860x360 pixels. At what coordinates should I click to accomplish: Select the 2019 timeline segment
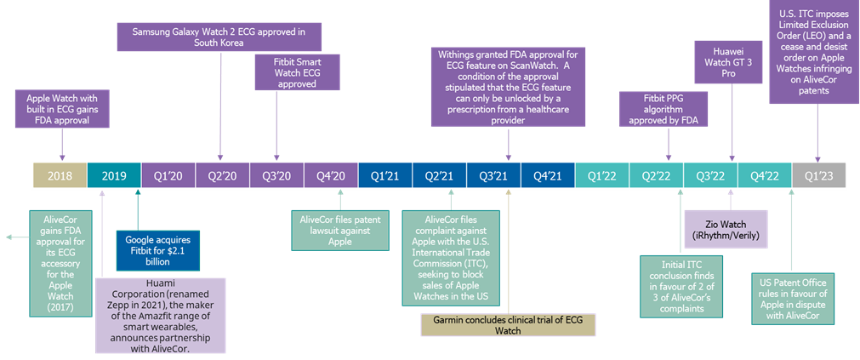(113, 175)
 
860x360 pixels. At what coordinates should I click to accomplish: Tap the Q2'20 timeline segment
(222, 175)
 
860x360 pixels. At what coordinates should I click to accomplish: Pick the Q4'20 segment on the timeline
(330, 175)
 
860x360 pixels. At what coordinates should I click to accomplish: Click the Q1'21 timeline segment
(384, 175)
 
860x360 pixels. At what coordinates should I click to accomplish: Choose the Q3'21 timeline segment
(493, 175)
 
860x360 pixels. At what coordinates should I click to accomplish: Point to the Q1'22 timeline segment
(601, 175)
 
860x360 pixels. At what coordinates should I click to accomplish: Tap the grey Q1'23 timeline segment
(818, 175)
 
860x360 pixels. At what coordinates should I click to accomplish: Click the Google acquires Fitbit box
(153, 251)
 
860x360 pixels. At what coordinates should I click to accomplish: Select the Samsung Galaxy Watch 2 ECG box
(219, 37)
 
